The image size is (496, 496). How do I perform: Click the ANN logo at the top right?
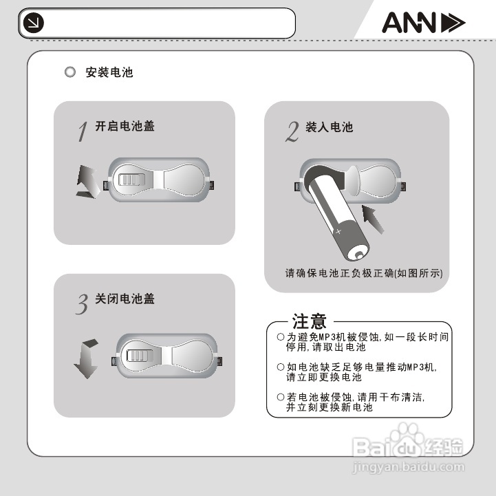[423, 24]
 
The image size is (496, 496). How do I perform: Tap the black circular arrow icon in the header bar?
[33, 24]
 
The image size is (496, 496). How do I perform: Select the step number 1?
[83, 131]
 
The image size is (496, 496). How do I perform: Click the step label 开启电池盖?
[125, 127]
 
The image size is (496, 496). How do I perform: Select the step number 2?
[292, 131]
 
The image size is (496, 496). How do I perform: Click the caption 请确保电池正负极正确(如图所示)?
[364, 273]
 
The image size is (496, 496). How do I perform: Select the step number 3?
[82, 303]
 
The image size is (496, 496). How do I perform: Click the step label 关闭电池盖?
[125, 299]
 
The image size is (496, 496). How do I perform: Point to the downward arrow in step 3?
[87, 358]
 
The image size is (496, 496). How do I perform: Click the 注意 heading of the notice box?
[309, 321]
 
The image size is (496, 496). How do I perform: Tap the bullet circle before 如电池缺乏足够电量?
[280, 367]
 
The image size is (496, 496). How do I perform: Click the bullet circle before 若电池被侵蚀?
[280, 398]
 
